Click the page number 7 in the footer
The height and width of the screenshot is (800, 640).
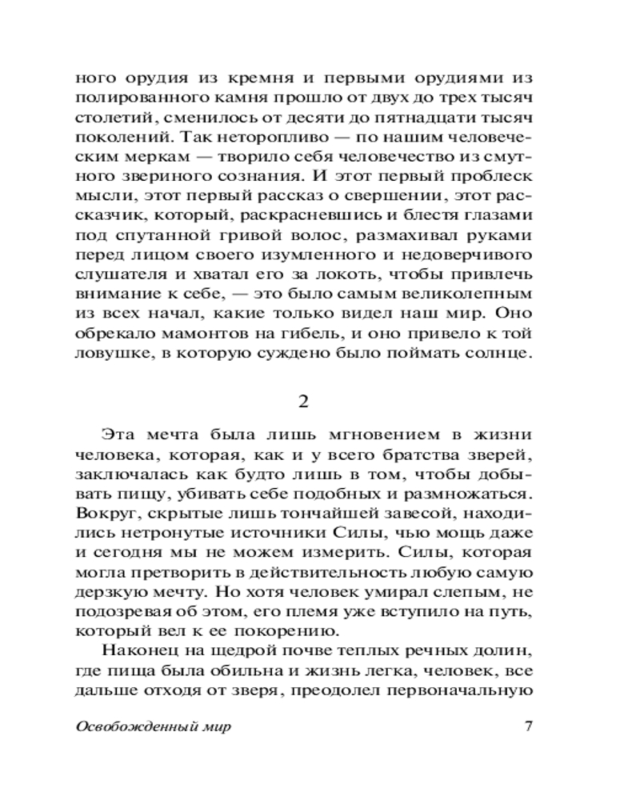click(x=527, y=727)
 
